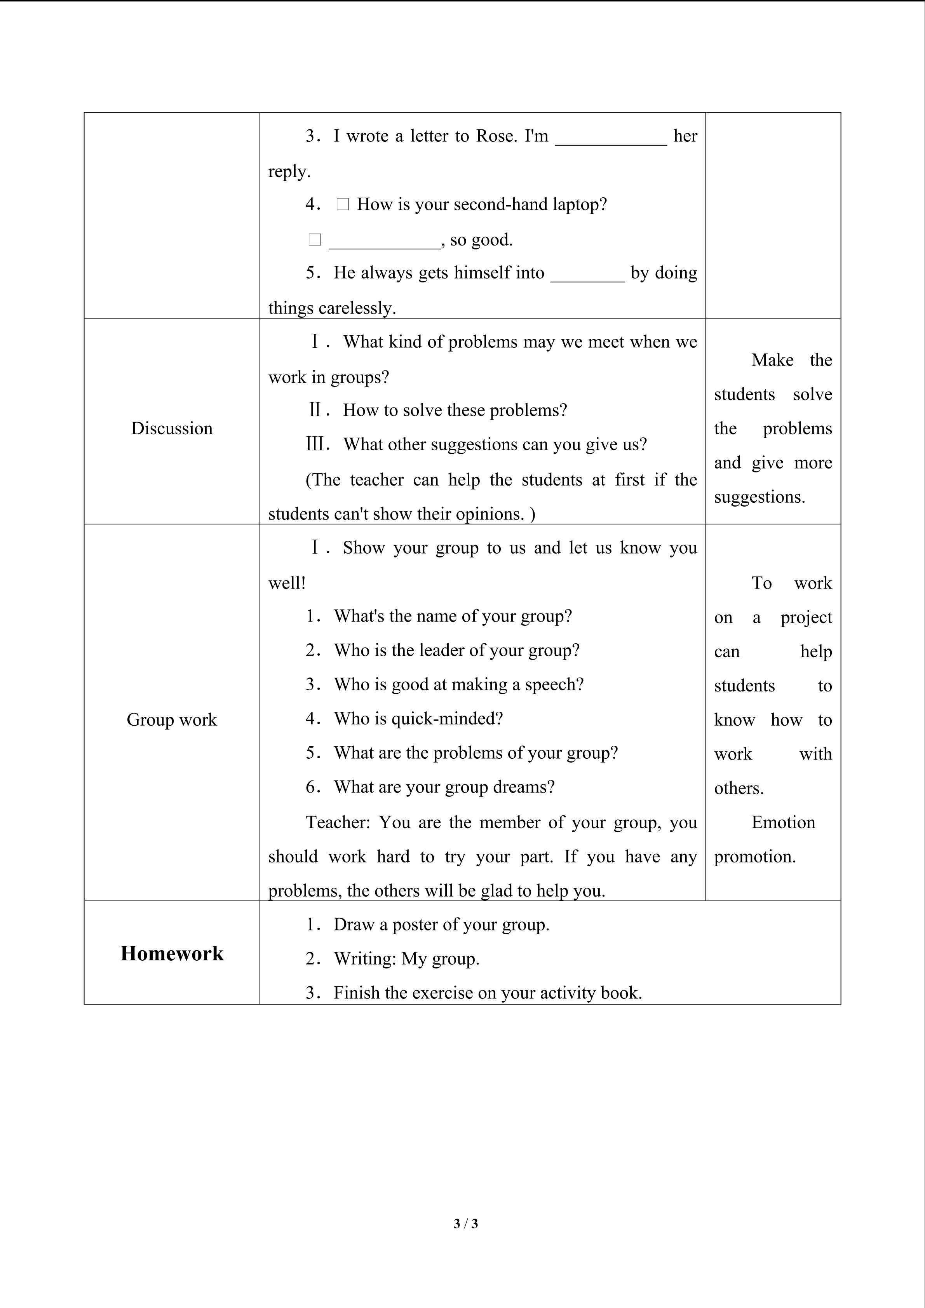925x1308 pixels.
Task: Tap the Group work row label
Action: coord(172,719)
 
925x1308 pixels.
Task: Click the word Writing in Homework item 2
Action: coord(364,959)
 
